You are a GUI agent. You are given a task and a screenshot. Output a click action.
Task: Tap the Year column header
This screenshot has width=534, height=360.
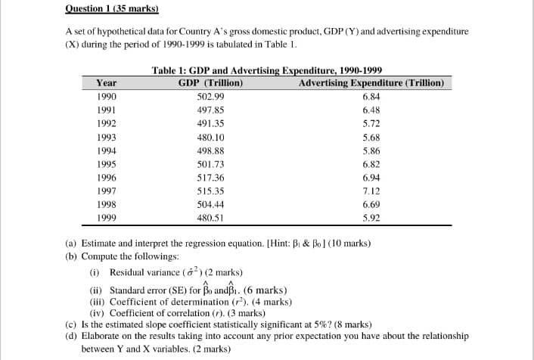(107, 83)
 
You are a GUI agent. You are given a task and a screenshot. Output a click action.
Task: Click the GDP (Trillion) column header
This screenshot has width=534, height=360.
(210, 83)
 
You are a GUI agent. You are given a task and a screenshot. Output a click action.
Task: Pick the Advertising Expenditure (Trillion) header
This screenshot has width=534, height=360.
(371, 83)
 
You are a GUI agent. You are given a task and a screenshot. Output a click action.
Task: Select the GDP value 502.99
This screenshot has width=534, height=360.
(210, 97)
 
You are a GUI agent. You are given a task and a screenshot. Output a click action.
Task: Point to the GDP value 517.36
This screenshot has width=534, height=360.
(210, 178)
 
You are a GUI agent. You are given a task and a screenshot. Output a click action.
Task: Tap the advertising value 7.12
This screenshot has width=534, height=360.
(371, 191)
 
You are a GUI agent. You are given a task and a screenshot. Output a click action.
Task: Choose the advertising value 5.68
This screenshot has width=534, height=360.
(371, 138)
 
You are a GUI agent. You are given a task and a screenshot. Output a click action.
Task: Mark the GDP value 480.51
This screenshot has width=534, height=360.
(210, 218)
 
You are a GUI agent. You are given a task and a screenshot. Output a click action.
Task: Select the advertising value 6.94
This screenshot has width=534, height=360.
(371, 178)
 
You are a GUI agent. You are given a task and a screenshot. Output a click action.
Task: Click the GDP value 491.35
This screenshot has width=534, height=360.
(210, 124)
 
